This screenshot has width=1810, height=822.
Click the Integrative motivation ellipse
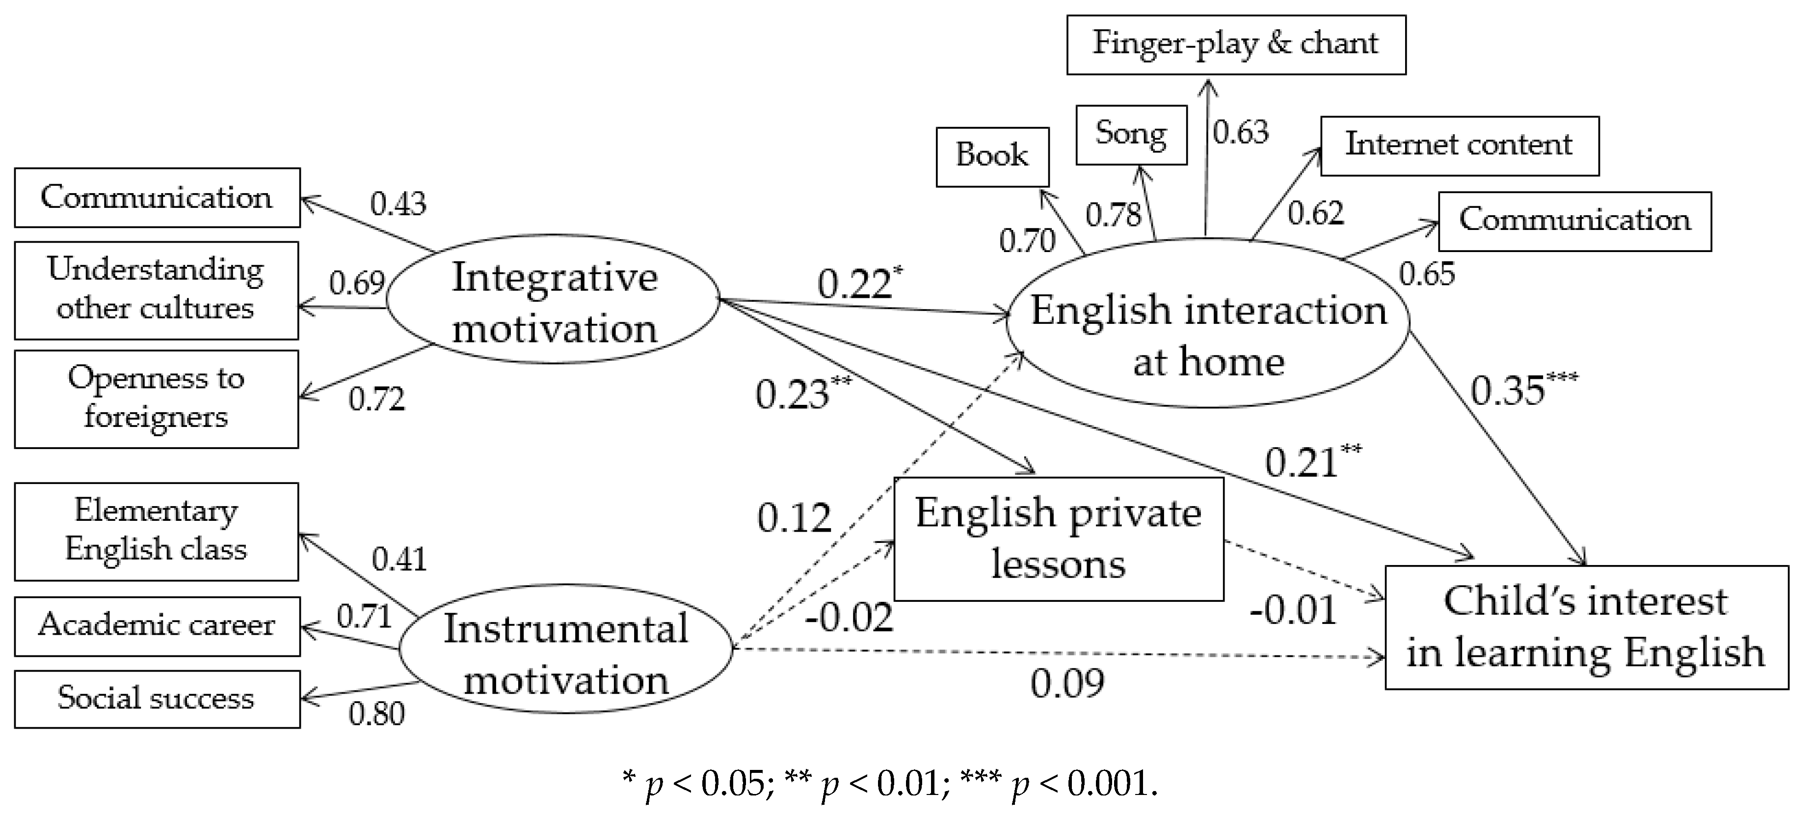pos(554,301)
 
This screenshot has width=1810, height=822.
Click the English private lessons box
pos(1058,539)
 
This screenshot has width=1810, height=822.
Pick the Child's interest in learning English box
pos(1586,627)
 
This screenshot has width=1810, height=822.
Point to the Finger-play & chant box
pos(1235,44)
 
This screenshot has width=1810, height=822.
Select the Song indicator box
pos(1131,134)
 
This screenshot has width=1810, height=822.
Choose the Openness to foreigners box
pos(156,398)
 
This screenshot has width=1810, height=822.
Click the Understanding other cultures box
pos(156,290)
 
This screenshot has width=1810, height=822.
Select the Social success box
pos(157,698)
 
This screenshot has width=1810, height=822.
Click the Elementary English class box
pos(156,531)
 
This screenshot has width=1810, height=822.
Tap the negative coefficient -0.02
pos(849,618)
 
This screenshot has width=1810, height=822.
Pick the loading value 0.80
pos(376,714)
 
